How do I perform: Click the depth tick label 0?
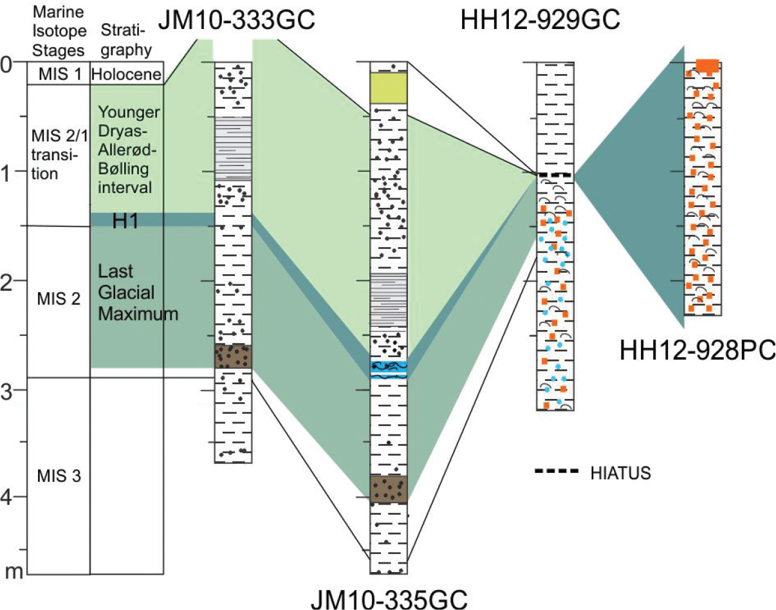[8, 64]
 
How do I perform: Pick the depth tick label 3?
[8, 391]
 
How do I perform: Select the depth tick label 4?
[8, 499]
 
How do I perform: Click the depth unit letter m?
[10, 571]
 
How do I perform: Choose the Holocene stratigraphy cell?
[126, 74]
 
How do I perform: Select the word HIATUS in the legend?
[620, 474]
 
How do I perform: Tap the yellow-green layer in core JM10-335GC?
[388, 88]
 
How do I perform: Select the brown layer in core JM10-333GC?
[233, 356]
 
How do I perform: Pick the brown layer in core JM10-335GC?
[388, 489]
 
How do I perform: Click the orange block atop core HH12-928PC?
[707, 65]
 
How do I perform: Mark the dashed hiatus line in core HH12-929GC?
[555, 175]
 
